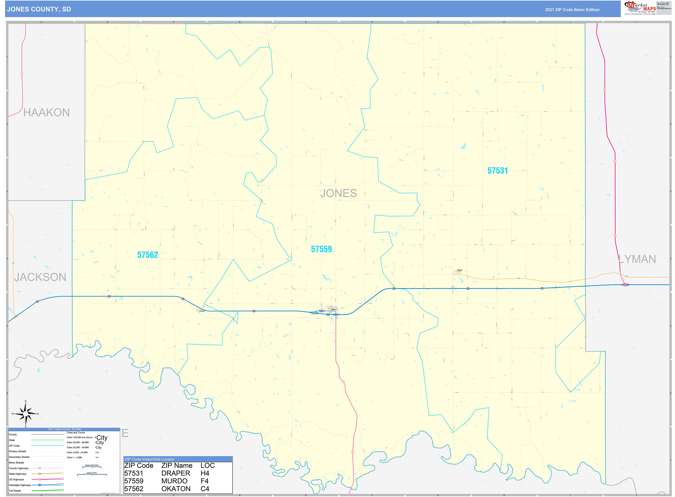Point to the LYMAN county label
tap(637, 259)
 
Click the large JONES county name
tap(338, 193)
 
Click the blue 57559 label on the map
tap(321, 249)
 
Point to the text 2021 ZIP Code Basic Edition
tap(572, 10)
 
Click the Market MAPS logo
tap(640, 8)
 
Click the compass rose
tap(26, 414)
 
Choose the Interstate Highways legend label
tap(20, 485)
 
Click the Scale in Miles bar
tap(92, 475)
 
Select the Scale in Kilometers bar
tap(92, 467)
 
